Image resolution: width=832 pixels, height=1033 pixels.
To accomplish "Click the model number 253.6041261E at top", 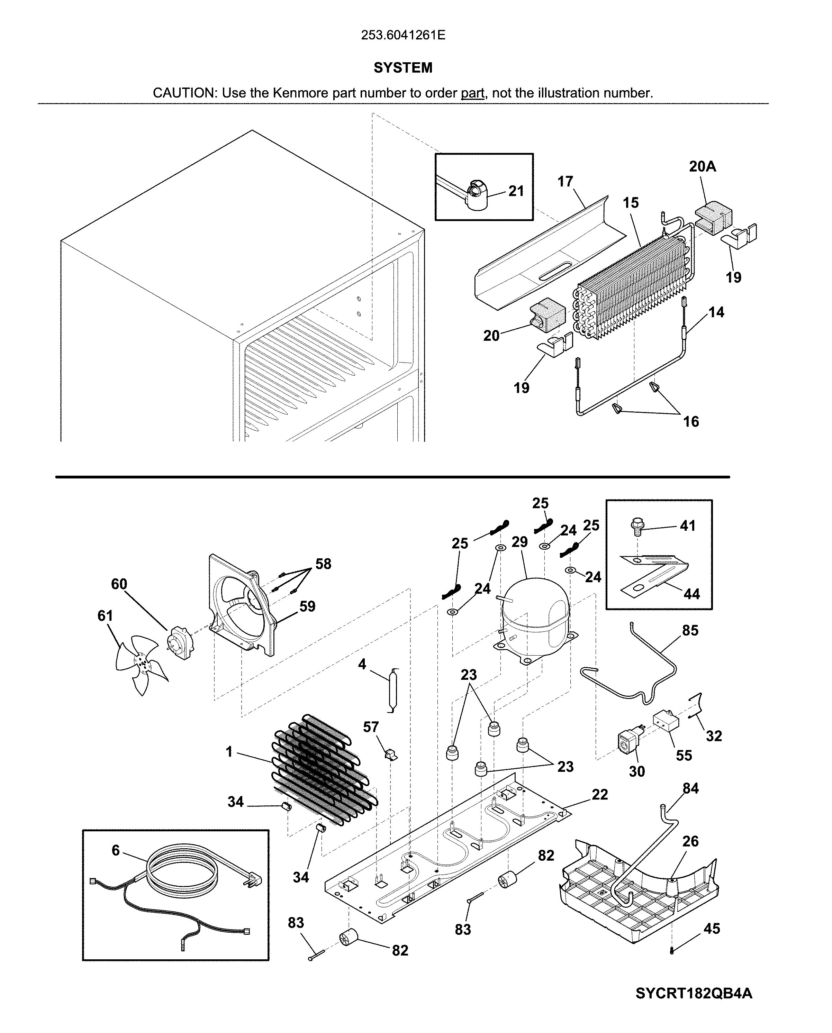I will click(403, 35).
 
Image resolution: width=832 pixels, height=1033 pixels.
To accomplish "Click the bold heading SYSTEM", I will click(403, 68).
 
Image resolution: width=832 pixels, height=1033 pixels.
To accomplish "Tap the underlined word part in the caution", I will click(472, 93).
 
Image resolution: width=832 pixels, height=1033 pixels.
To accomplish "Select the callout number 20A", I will click(703, 167).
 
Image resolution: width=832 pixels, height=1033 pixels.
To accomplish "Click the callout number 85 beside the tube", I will click(690, 631).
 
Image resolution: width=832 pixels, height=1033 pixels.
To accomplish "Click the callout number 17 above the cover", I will click(566, 182).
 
